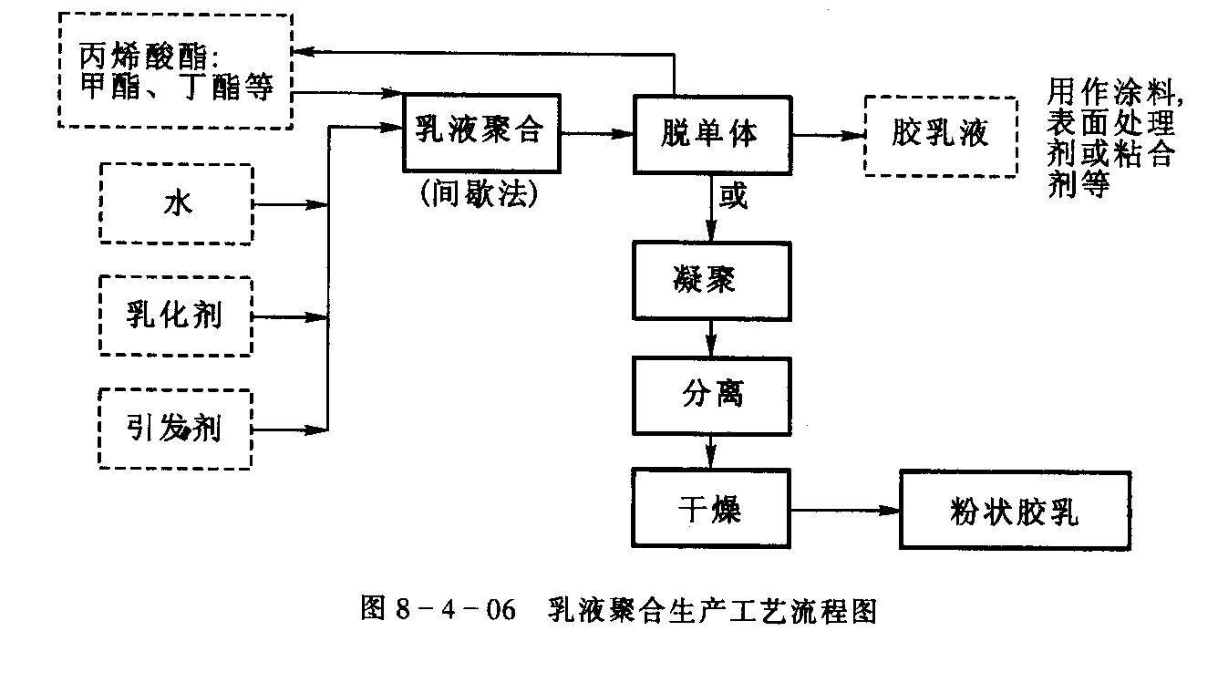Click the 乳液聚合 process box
[480, 133]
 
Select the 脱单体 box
[712, 133]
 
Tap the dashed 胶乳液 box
[940, 135]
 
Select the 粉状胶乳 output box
[1015, 510]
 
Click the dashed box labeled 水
[176, 204]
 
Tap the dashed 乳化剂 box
[175, 316]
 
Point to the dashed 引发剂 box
[175, 429]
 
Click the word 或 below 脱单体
[733, 196]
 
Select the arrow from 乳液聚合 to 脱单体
[597, 134]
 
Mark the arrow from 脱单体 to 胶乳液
[827, 135]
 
